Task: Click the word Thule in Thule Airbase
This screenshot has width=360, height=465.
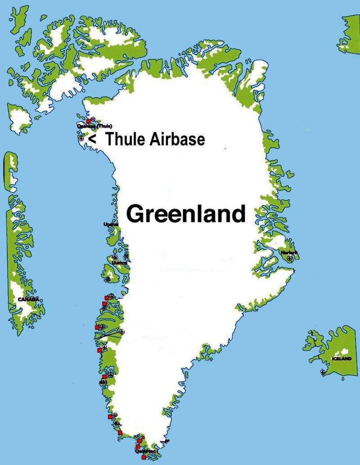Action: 124,139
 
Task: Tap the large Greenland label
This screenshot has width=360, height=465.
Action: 186,214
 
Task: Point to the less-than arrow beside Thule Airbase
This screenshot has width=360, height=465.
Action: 92,140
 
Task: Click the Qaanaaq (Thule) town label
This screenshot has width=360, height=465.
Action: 94,126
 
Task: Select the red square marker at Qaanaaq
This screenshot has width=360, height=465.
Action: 88,121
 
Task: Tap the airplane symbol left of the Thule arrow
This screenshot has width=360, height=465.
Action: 80,139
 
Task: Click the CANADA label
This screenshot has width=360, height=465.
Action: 28,299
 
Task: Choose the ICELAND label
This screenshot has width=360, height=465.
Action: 341,359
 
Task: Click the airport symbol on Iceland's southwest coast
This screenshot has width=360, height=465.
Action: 323,372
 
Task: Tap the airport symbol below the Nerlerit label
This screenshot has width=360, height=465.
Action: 289,259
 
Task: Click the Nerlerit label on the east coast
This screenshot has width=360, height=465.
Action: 289,253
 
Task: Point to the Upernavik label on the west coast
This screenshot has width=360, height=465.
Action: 111,224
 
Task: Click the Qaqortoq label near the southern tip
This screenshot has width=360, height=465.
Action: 145,451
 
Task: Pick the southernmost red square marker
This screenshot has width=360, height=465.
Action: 144,457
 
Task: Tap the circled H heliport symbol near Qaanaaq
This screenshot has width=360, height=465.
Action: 93,119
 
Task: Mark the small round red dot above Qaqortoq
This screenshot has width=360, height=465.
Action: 143,438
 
